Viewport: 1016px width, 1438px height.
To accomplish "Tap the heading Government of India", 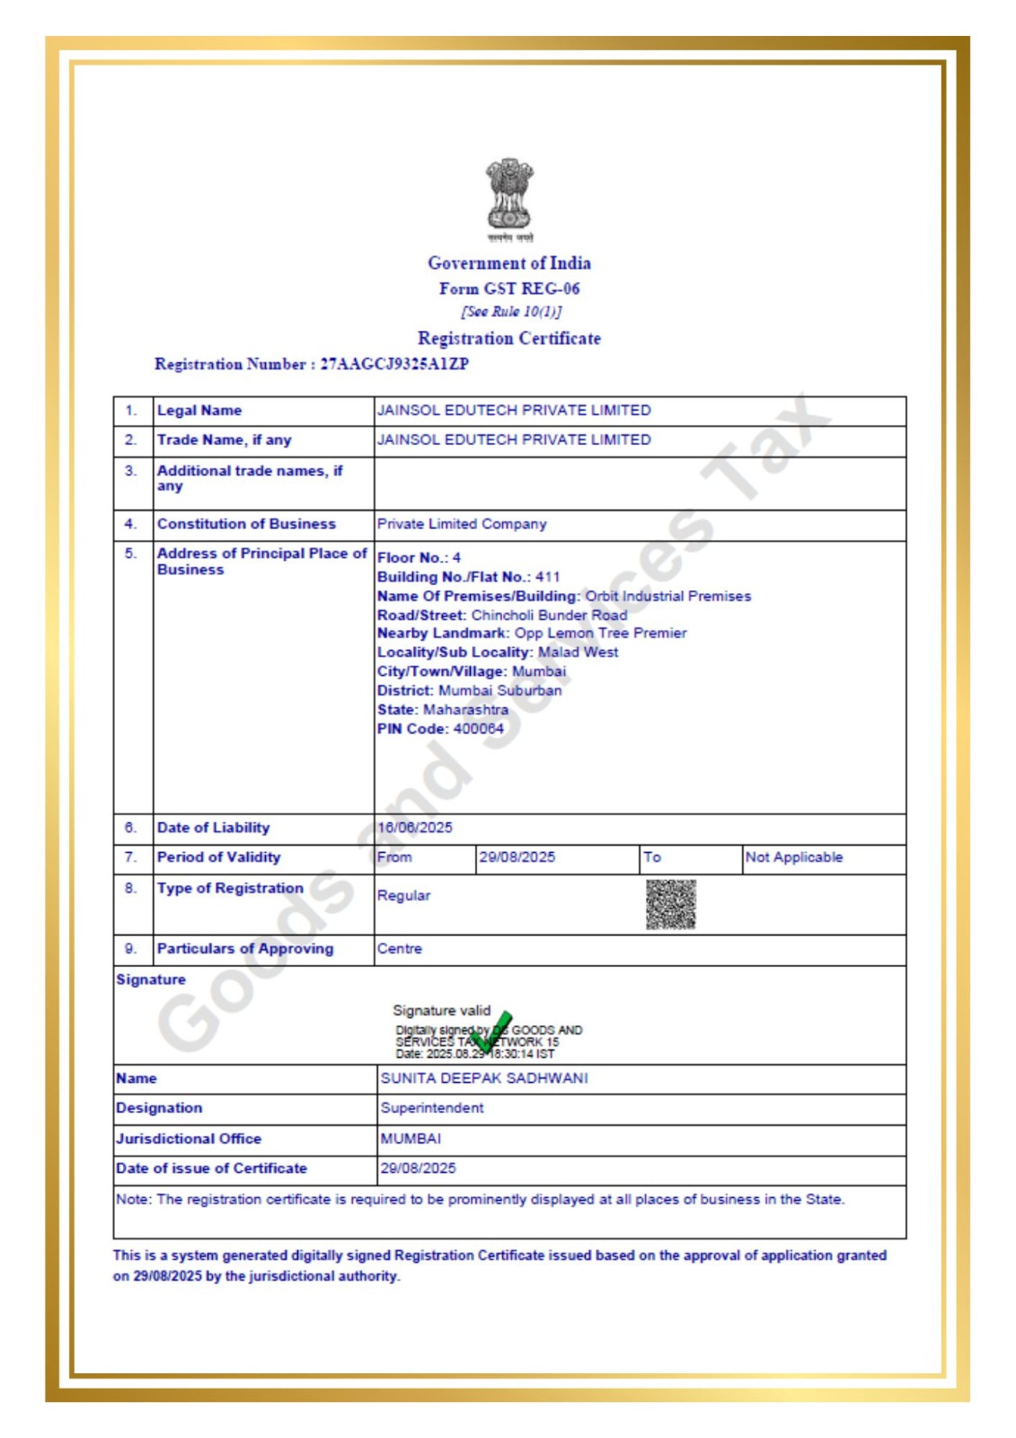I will click(509, 263).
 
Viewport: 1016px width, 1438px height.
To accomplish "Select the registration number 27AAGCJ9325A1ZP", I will click(394, 364).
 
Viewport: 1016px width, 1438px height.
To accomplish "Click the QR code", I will click(670, 904).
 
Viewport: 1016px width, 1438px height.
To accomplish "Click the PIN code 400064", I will click(478, 729).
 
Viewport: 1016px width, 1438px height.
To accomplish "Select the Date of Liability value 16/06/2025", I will click(415, 828).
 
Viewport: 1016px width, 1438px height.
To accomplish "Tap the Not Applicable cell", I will click(794, 857).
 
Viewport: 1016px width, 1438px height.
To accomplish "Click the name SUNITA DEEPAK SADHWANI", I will click(484, 1078).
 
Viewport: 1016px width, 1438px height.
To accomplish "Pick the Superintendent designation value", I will click(432, 1108).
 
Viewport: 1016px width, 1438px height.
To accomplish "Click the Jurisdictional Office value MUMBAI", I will click(411, 1139).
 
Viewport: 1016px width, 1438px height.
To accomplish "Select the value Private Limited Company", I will click(462, 524).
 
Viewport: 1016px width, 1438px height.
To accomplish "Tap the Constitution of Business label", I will click(246, 524).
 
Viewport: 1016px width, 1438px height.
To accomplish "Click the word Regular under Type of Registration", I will click(403, 896).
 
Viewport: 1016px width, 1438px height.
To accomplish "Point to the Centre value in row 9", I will click(399, 949).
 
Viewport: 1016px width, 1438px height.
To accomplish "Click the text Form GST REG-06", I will click(509, 288).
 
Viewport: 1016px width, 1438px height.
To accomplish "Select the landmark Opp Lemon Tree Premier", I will click(600, 634).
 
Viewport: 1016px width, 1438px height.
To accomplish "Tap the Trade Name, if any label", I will click(224, 440).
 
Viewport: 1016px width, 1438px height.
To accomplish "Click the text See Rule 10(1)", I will click(511, 312).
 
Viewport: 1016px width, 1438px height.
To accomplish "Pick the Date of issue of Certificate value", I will click(418, 1168).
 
